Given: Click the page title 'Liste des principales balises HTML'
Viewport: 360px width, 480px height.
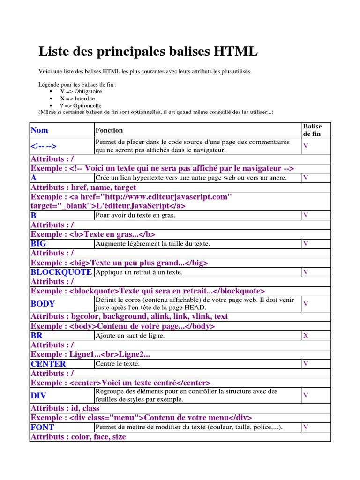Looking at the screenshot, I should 148,52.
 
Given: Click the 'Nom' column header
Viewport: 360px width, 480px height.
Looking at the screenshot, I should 39,130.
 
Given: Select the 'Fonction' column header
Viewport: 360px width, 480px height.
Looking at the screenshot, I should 109,130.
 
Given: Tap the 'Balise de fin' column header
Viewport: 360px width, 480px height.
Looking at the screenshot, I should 313,130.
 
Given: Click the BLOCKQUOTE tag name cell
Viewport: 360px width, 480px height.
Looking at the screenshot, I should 61,272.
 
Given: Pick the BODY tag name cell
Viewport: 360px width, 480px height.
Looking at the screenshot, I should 43,304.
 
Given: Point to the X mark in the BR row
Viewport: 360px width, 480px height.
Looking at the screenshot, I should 306,336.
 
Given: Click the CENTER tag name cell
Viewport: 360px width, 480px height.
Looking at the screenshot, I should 48,364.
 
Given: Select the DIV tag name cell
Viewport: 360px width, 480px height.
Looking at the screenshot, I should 38,396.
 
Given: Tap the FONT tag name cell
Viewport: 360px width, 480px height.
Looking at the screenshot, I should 42,427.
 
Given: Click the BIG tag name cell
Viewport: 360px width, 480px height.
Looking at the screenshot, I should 38,244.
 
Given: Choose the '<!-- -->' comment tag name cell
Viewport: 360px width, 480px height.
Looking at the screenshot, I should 47,146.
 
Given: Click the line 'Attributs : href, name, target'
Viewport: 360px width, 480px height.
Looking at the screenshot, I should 83,187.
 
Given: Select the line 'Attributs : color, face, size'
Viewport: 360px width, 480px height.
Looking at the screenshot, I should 78,437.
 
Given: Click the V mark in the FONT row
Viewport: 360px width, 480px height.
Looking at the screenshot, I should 306,427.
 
